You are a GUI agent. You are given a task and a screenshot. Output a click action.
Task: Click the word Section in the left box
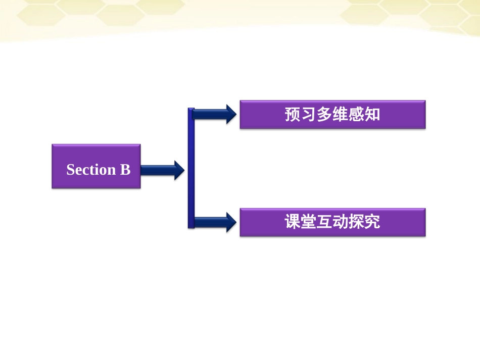[91, 170]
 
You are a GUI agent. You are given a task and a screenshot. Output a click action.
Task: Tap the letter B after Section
[125, 170]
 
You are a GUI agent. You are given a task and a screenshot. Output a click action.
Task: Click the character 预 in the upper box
[293, 115]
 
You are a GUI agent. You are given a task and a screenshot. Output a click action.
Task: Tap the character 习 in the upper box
[309, 115]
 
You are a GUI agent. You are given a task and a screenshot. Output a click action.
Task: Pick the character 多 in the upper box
[325, 115]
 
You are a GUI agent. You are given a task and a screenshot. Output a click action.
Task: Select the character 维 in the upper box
[341, 115]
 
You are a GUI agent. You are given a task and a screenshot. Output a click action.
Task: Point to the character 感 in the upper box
[356, 115]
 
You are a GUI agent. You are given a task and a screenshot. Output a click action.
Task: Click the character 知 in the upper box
[372, 115]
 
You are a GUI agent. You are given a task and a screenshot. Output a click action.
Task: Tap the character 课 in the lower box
[293, 222]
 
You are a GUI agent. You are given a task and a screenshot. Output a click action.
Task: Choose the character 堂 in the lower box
[309, 222]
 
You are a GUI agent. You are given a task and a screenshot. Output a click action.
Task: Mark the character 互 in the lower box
[325, 222]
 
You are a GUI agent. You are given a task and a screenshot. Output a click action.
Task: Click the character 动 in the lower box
[341, 222]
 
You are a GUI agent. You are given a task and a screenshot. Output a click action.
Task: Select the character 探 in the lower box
[356, 222]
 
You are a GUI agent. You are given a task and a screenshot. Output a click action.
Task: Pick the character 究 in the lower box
[372, 222]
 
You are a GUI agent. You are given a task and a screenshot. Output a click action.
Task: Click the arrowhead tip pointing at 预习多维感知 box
[234, 114]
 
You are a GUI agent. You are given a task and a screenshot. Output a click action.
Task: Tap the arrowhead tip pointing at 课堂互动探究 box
[234, 222]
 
